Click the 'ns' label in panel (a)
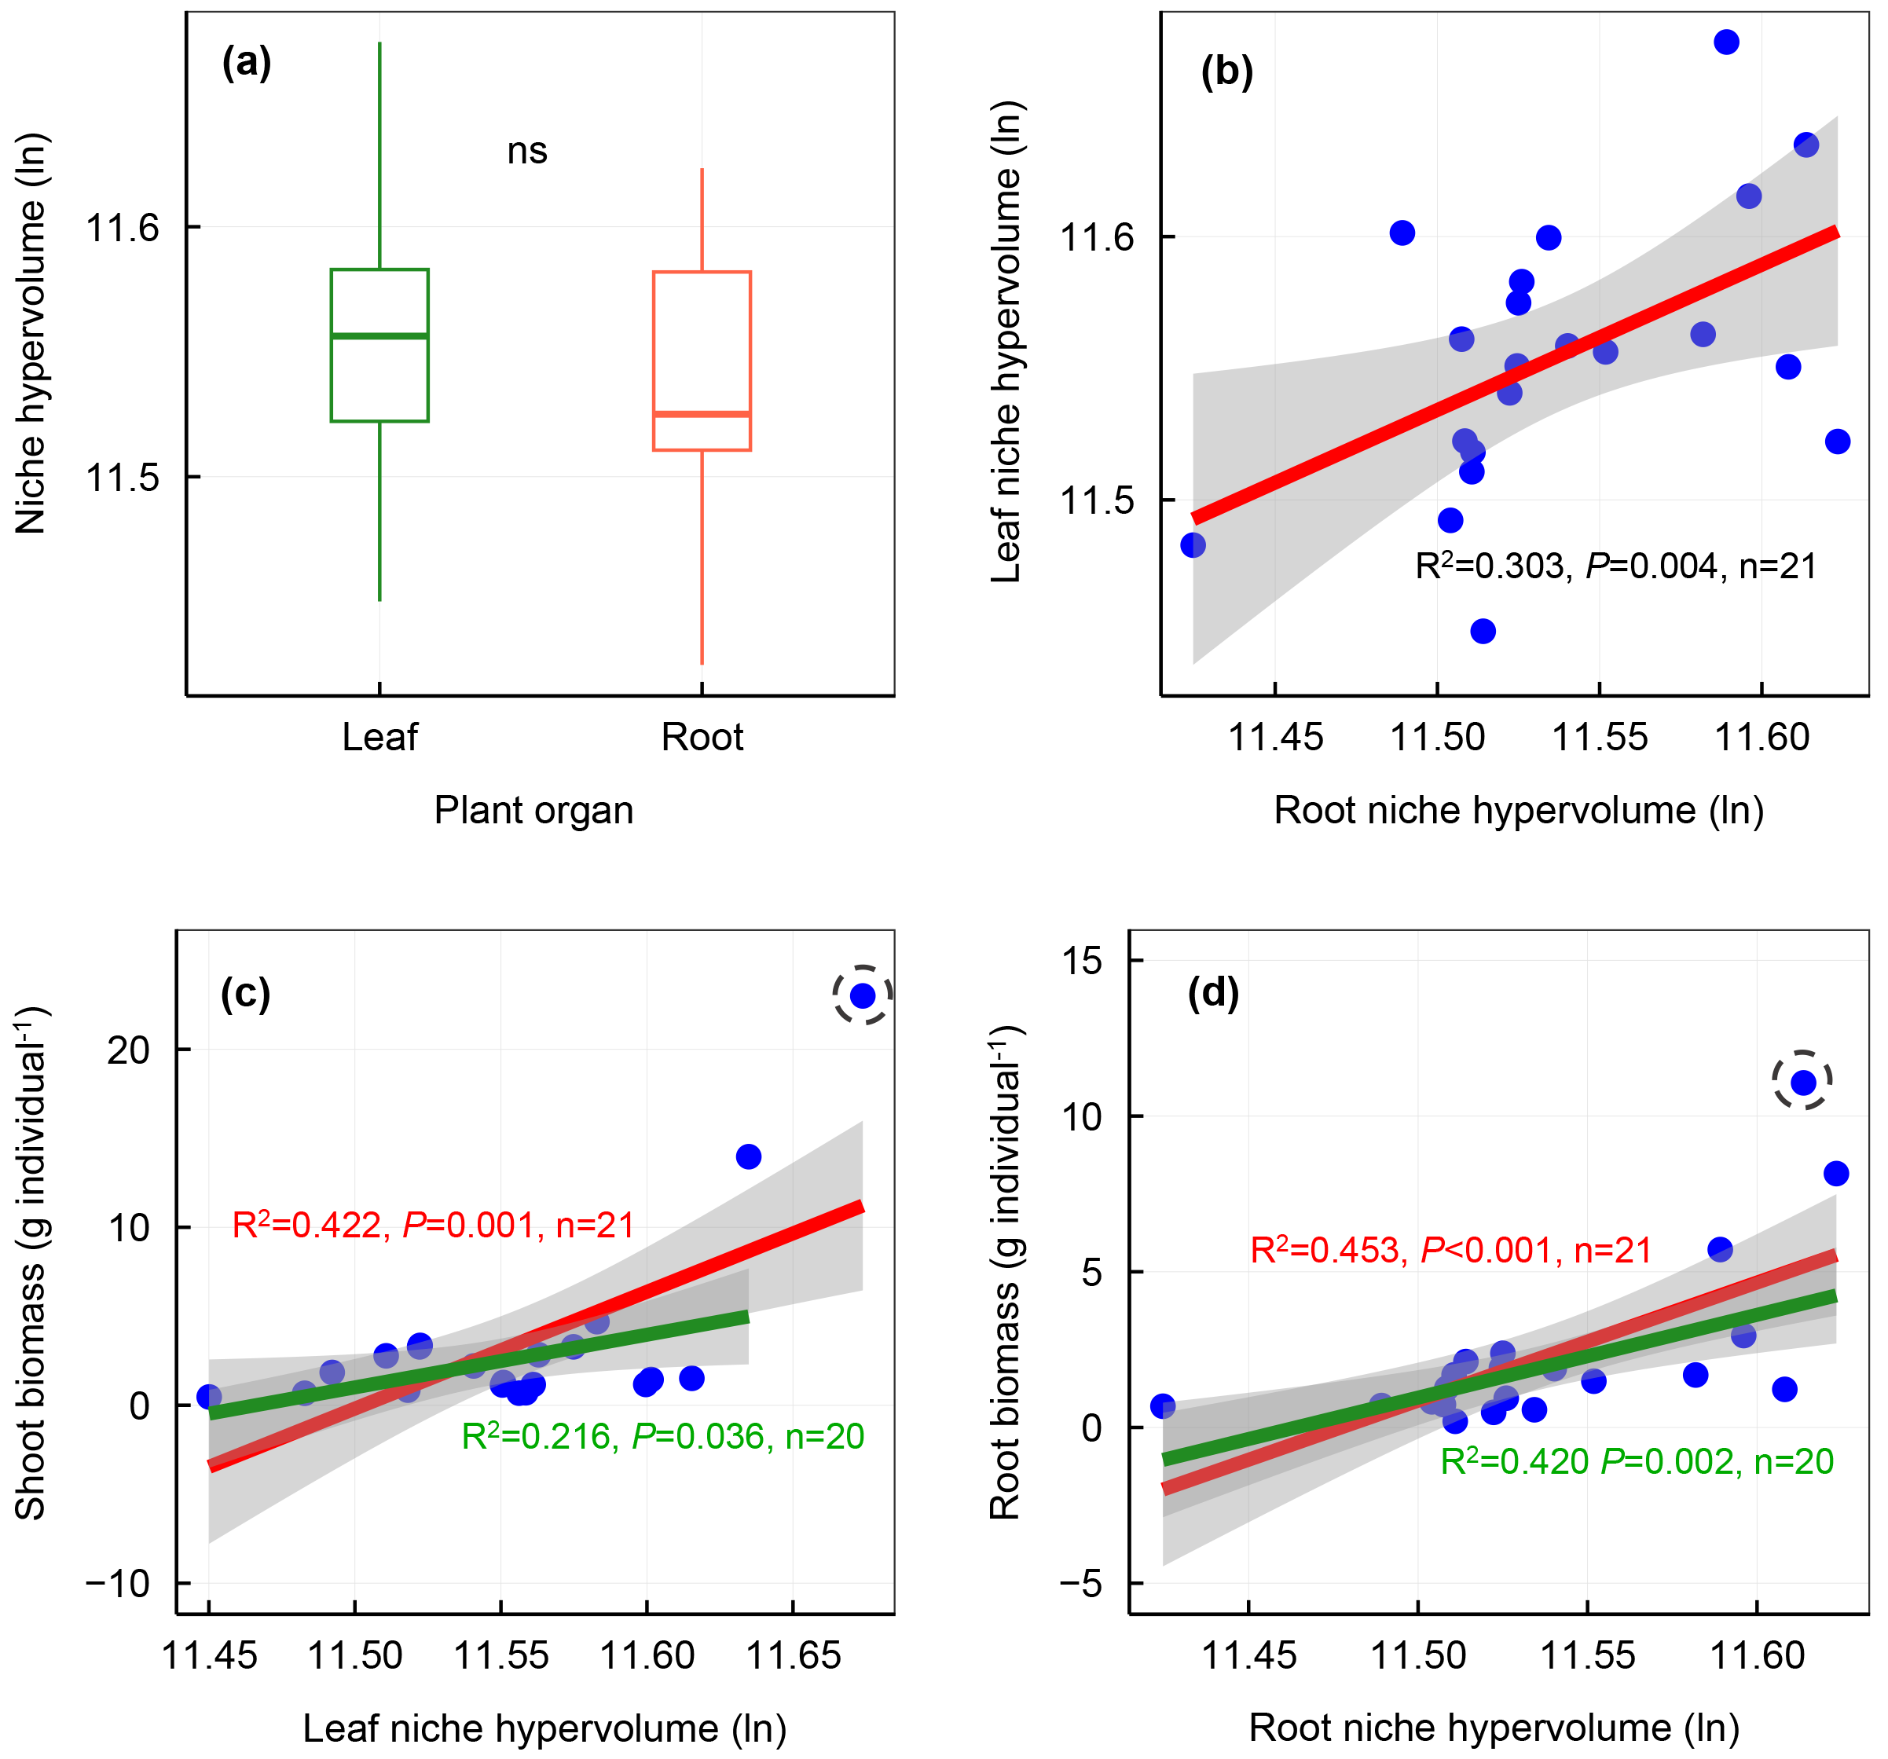click(x=527, y=151)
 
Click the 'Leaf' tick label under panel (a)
click(x=380, y=737)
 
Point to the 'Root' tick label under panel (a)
click(x=702, y=737)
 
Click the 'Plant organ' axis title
click(x=533, y=810)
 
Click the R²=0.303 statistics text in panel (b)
click(x=1615, y=566)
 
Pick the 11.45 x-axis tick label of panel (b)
click(x=1275, y=737)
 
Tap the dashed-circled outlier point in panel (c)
click(x=863, y=995)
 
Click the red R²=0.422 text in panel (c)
click(x=433, y=1226)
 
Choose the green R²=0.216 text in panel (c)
click(x=662, y=1436)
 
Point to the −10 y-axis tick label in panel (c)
click(x=118, y=1583)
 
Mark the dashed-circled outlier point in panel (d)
click(x=1802, y=1082)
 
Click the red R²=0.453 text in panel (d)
click(x=1450, y=1250)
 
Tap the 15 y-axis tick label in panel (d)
click(x=1082, y=960)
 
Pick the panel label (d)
click(x=1213, y=994)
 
